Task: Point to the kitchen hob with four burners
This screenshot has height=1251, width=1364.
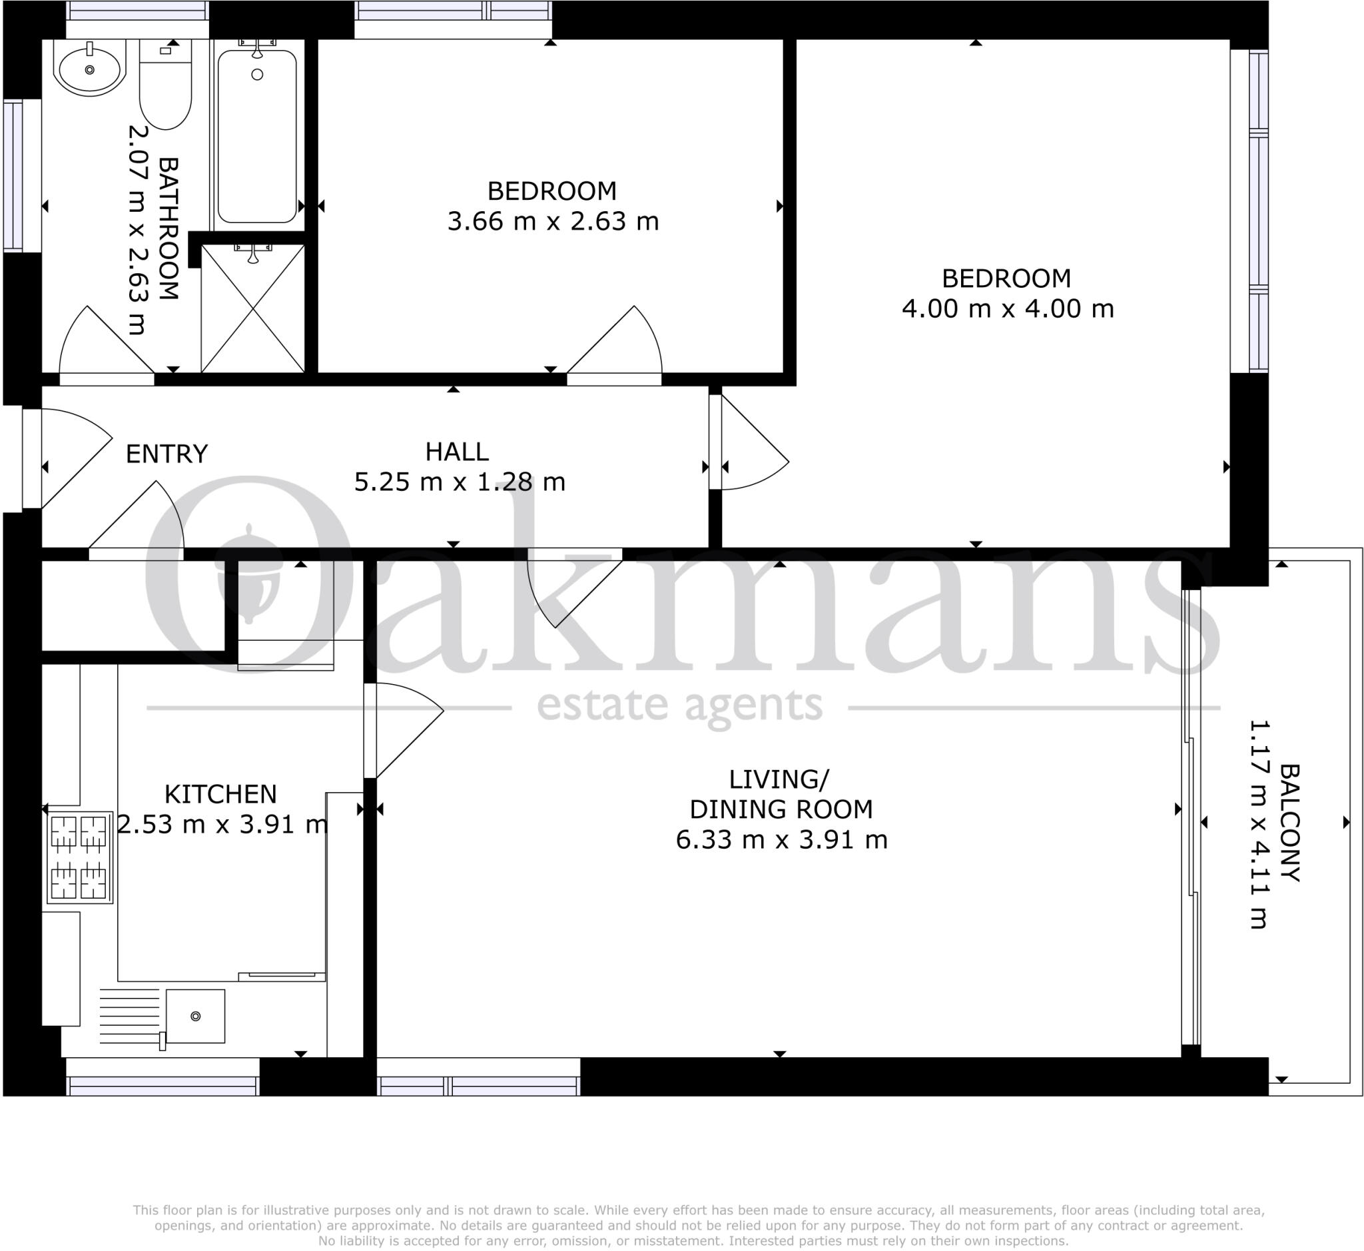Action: [79, 857]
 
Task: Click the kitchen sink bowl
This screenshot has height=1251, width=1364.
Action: [195, 1015]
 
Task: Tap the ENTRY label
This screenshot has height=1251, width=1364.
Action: [167, 454]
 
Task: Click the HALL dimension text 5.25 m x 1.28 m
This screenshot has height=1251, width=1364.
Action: [460, 482]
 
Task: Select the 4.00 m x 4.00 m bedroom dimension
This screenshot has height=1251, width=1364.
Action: [1007, 308]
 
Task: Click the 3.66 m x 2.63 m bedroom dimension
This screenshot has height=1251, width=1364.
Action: [552, 221]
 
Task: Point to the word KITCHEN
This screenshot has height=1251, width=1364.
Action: [220, 793]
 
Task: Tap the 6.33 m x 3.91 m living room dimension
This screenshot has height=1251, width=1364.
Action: [781, 839]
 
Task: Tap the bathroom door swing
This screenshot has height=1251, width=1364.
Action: [101, 345]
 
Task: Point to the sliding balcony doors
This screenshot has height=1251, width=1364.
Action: [1191, 819]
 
